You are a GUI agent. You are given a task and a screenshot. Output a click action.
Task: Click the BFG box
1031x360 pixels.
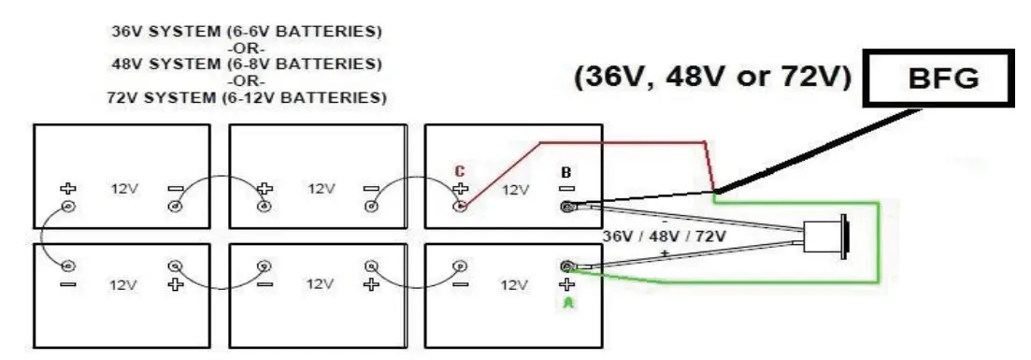click(x=938, y=79)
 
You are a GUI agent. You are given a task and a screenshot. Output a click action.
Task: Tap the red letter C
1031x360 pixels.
click(x=459, y=171)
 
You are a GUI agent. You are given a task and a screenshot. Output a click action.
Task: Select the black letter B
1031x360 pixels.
click(x=565, y=173)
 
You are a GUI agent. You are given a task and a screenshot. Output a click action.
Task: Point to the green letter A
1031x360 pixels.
click(x=565, y=303)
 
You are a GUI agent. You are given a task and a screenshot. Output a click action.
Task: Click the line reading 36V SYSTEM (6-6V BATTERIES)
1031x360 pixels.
click(x=247, y=32)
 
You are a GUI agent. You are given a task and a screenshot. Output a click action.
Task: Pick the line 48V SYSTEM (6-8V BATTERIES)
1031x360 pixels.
click(x=247, y=65)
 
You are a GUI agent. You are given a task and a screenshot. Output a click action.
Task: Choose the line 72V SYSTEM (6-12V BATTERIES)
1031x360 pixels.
click(x=247, y=97)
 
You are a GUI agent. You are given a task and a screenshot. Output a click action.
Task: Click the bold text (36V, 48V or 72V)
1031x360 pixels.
click(x=711, y=79)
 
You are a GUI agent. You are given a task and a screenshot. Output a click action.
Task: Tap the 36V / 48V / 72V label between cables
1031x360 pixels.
click(x=665, y=237)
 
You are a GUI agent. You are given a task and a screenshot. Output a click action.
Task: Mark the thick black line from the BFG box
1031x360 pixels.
click(x=813, y=150)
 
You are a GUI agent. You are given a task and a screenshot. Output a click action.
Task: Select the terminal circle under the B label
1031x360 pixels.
click(x=566, y=207)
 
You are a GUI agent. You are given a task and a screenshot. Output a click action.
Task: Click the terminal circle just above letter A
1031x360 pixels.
click(x=566, y=266)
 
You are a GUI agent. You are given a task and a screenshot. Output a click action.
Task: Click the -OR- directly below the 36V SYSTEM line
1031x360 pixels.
click(x=247, y=49)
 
